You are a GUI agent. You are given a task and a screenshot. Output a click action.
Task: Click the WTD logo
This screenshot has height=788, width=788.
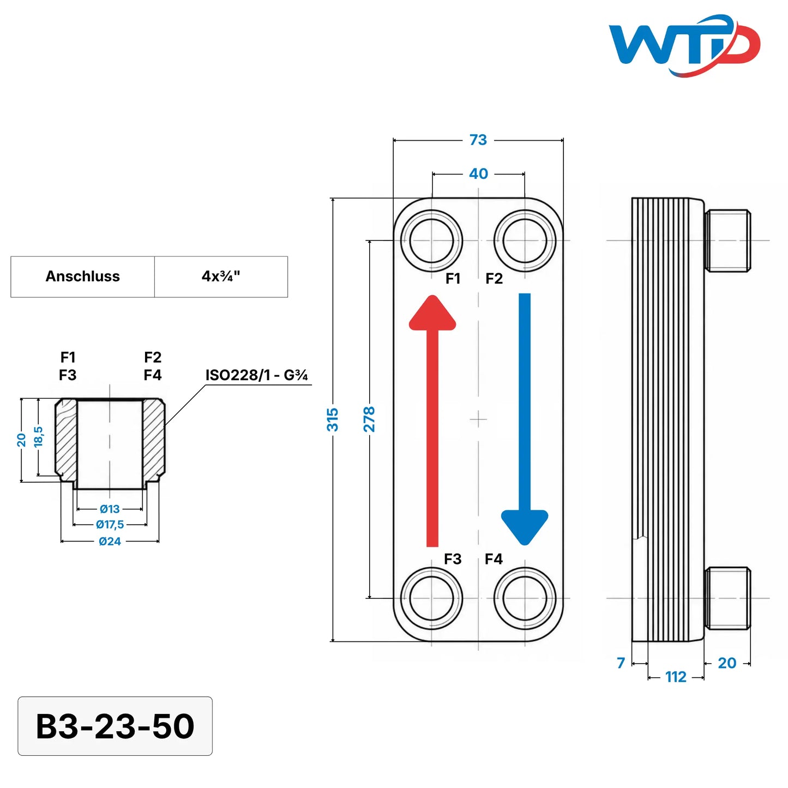point(684,45)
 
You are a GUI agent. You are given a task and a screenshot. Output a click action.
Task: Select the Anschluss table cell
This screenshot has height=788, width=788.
point(82,276)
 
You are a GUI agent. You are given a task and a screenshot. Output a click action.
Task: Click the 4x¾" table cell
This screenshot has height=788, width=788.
point(221,276)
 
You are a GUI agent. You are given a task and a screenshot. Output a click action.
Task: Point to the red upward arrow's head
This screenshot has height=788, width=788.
point(432,312)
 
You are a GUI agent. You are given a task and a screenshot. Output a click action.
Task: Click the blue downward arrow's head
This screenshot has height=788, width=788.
point(524,527)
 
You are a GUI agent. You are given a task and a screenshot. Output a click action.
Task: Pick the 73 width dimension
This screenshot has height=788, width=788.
point(478,140)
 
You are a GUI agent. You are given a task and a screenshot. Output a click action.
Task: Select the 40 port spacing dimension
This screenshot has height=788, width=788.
point(478,174)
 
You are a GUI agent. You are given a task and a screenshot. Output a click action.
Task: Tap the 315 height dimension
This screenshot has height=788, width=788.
point(333,419)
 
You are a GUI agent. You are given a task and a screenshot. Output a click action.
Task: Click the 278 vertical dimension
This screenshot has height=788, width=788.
point(369,419)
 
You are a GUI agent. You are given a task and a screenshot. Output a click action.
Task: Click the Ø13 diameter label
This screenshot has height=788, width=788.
point(110,509)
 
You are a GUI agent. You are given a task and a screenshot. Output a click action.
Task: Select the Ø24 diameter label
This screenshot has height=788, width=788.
point(110,542)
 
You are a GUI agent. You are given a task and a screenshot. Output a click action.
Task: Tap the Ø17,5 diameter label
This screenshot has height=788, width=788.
point(110,524)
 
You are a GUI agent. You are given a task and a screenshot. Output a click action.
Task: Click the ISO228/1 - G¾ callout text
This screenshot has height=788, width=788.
point(256,375)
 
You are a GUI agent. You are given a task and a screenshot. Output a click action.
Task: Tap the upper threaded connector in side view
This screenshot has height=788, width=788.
point(727,240)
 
